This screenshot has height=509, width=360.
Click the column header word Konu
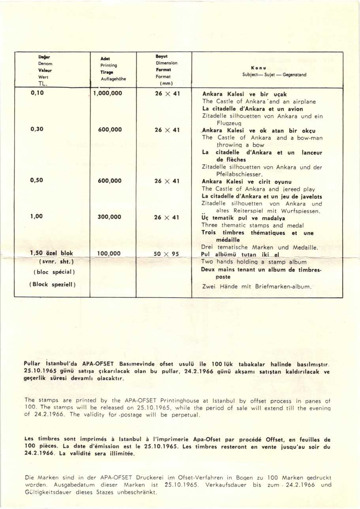(x=263, y=68)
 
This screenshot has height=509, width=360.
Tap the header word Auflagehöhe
(x=113, y=79)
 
